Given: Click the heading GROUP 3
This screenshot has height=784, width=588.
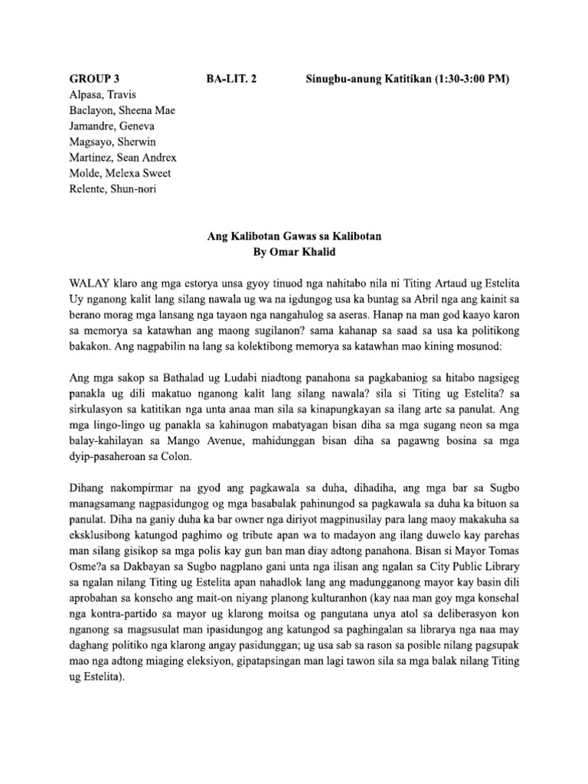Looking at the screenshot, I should [95, 80].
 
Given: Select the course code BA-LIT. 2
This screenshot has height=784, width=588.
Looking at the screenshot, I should [232, 80].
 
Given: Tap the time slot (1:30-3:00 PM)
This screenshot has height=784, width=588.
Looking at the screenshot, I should [462, 80].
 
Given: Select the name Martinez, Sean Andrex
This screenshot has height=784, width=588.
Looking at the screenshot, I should [123, 157].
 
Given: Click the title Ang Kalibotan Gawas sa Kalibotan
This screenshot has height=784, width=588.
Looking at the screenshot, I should [294, 237].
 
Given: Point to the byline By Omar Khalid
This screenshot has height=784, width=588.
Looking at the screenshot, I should [294, 253].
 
